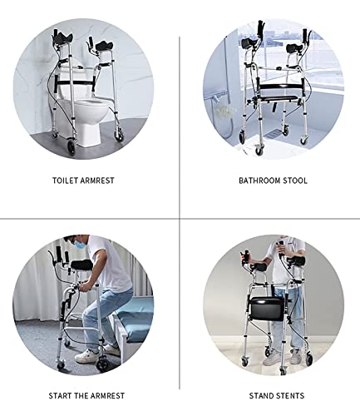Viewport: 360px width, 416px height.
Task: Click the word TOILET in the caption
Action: click(65, 181)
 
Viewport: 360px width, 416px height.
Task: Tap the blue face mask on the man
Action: click(80, 244)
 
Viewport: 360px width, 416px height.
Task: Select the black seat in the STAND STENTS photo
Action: click(267, 308)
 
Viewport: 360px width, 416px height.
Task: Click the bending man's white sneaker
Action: click(86, 356)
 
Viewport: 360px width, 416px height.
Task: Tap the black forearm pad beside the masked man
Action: click(81, 265)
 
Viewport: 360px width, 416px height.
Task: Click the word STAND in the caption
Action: click(260, 396)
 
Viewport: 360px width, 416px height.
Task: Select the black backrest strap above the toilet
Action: click(75, 82)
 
